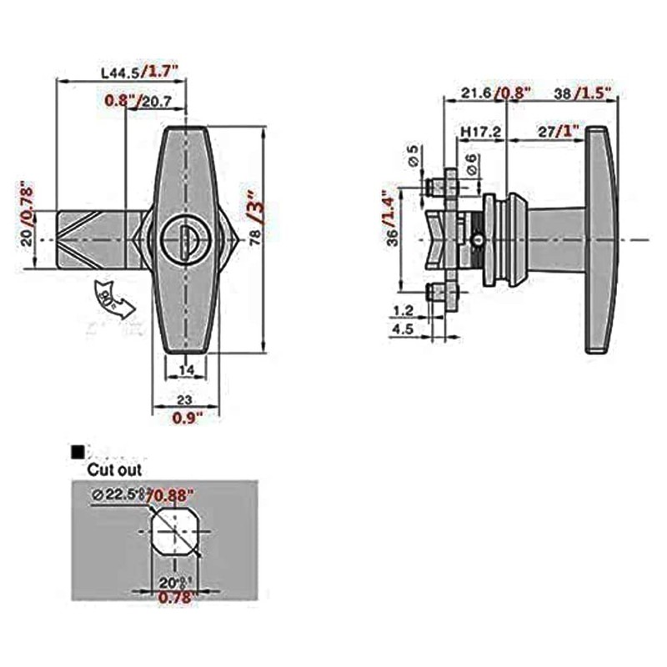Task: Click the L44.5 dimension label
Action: coord(119,73)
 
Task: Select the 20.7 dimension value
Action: coord(157,101)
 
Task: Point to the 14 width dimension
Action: coord(185,369)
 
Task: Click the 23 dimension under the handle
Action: coord(185,399)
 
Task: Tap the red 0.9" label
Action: coord(185,418)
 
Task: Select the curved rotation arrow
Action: coord(113,302)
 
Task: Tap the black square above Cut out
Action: coord(78,452)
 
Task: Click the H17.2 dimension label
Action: coord(479,132)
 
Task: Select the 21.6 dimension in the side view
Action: coord(474,93)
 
